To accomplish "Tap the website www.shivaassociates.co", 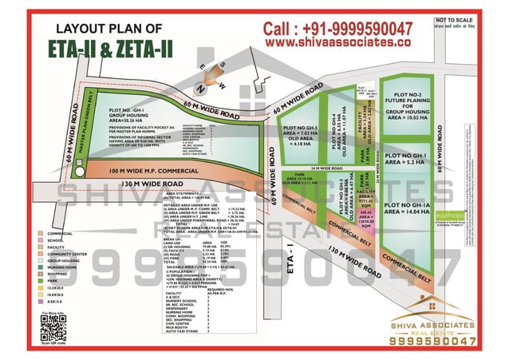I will coord(338,42).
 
